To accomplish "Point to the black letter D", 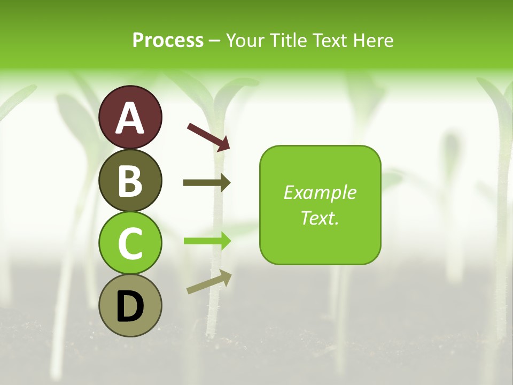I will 130,307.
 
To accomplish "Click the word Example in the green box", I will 320,192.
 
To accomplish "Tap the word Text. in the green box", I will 320,218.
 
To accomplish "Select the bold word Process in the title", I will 168,40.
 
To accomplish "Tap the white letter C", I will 130,244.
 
